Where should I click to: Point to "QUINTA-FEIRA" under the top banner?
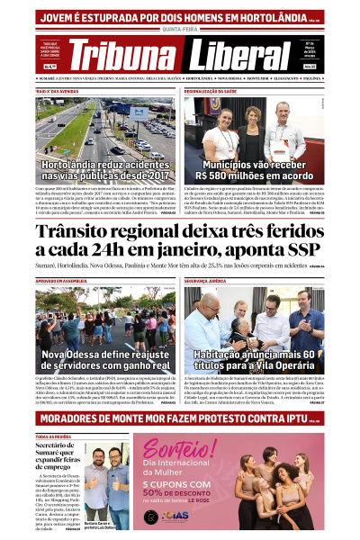click(x=180, y=30)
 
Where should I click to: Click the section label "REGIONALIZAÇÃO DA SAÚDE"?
click(x=215, y=92)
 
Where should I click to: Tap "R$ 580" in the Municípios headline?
click(x=229, y=177)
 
